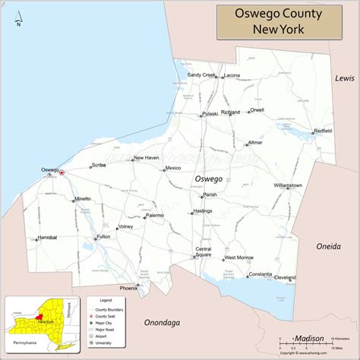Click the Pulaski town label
210,114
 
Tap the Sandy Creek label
201,75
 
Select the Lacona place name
232,76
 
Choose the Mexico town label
173,168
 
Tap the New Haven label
146,158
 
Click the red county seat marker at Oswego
62,172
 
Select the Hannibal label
47,238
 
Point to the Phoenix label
128,288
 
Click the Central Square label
204,252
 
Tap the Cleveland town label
285,277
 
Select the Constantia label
260,273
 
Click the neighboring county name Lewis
345,78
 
